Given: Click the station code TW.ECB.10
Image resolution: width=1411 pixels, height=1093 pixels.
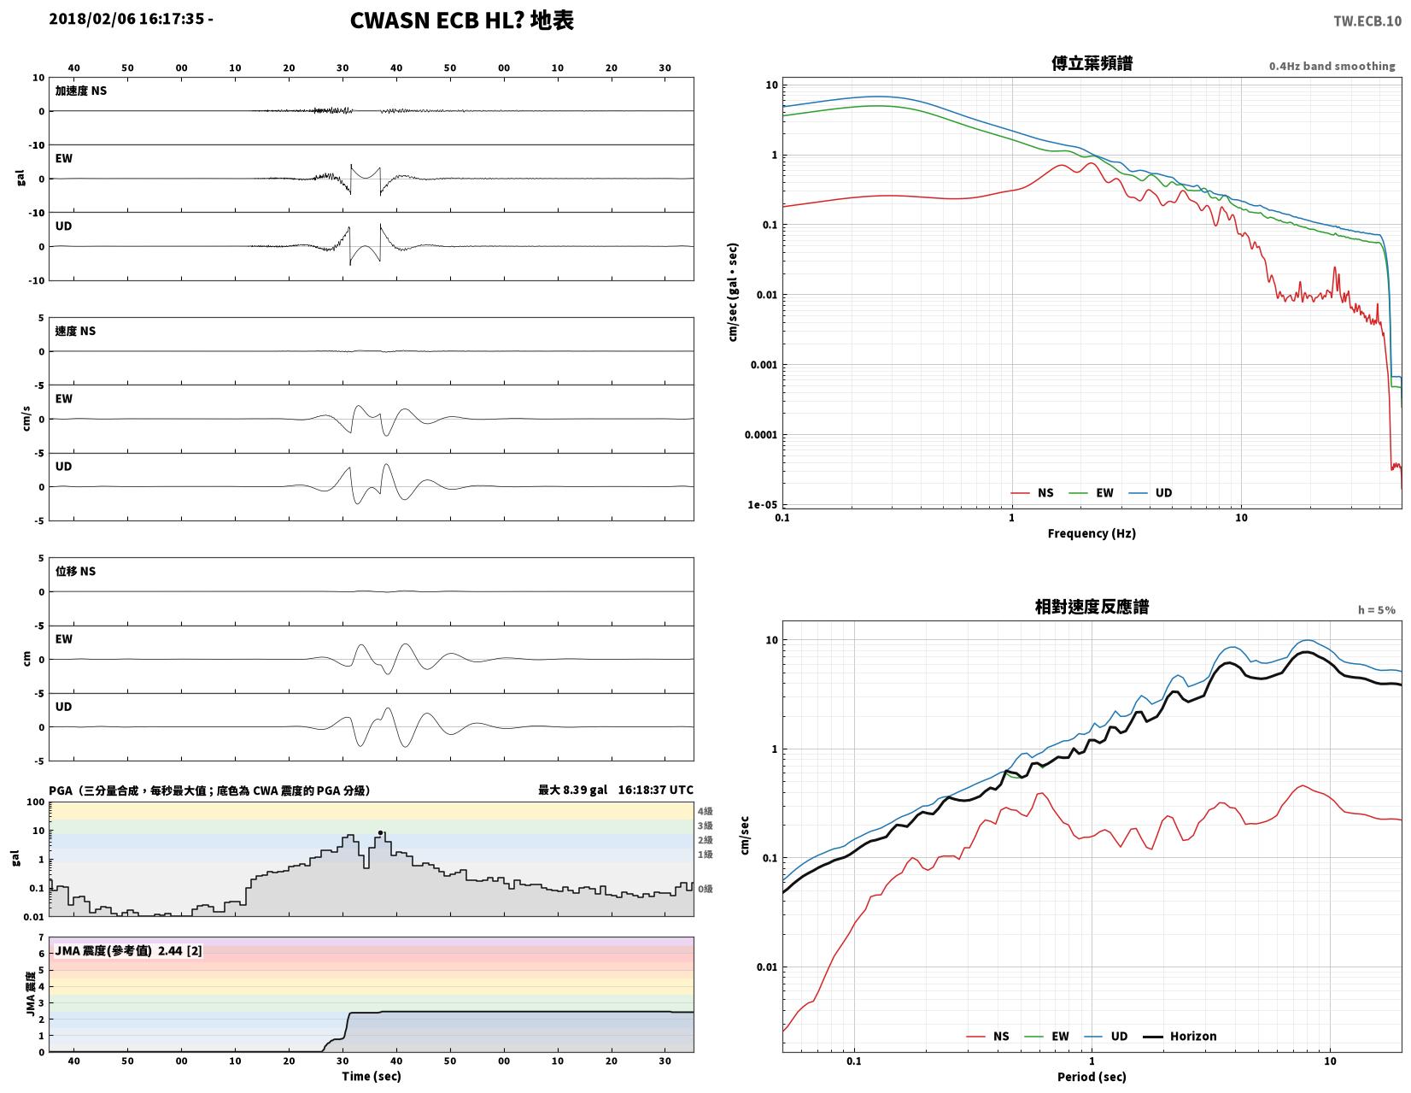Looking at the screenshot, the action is click(1367, 21).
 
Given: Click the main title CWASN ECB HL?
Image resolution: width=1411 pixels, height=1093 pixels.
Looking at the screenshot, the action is click(436, 21).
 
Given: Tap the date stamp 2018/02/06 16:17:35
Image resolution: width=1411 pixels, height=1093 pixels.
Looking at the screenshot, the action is click(126, 19).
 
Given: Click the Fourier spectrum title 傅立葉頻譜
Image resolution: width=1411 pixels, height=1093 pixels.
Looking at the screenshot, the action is click(1092, 63).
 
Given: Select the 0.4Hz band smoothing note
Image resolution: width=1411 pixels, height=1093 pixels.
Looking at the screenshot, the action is click(1331, 66).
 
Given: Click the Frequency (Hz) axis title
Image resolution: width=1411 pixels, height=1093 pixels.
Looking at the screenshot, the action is click(1091, 533).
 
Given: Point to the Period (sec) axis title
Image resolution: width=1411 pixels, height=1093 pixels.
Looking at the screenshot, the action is click(1091, 1077).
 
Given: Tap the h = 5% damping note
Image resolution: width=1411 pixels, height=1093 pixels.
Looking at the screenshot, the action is click(1376, 610).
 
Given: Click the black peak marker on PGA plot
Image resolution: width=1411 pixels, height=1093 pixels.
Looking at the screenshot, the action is click(380, 832).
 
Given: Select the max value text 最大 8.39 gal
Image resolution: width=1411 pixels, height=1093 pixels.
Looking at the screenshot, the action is click(572, 790).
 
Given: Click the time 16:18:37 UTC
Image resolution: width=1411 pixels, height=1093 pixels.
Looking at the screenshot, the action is click(655, 790).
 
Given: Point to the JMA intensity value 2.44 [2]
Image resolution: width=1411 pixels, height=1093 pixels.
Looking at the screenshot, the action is click(179, 951).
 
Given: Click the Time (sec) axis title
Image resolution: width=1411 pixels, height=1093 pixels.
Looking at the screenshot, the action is click(372, 1076).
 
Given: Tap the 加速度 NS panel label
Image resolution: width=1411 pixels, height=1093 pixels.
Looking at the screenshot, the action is click(80, 91).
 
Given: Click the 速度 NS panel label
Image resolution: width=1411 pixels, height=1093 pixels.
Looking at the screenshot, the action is click(74, 332).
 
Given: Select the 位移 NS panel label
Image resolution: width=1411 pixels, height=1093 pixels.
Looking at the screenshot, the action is click(74, 572).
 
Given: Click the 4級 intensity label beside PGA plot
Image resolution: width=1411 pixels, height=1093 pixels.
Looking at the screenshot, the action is click(705, 811).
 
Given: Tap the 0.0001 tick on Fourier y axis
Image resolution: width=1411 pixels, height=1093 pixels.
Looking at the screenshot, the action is click(760, 434).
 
